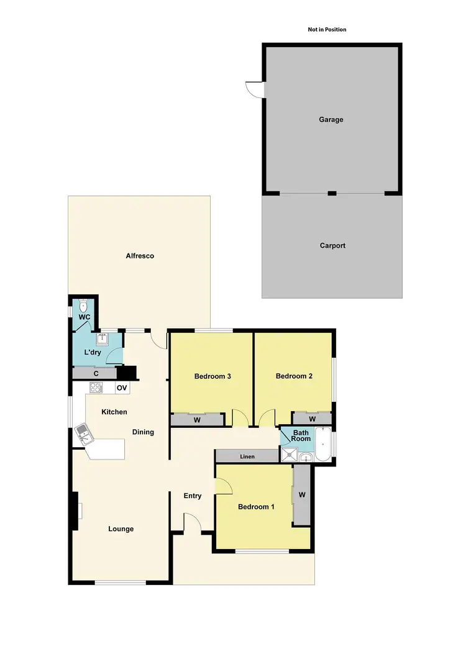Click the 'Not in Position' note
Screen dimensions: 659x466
pyautogui.click(x=327, y=29)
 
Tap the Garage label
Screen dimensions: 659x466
pyautogui.click(x=331, y=119)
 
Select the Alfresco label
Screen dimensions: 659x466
pyautogui.click(x=140, y=255)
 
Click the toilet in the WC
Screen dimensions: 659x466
pyautogui.click(x=84, y=306)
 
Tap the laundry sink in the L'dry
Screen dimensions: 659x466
pyautogui.click(x=102, y=339)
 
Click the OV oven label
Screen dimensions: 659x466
pyautogui.click(x=122, y=388)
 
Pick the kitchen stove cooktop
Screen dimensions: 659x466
pyautogui.click(x=96, y=388)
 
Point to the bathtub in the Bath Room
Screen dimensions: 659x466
pyautogui.click(x=323, y=445)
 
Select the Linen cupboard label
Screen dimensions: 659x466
pyautogui.click(x=247, y=457)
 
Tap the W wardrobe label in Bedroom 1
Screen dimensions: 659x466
pyautogui.click(x=302, y=495)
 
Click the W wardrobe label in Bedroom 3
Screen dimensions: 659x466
pyautogui.click(x=197, y=420)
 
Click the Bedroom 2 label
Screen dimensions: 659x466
pyautogui.click(x=293, y=376)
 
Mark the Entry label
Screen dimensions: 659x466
pyautogui.click(x=193, y=496)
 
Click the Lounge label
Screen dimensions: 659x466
pyautogui.click(x=121, y=529)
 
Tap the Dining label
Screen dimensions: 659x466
pyautogui.click(x=143, y=432)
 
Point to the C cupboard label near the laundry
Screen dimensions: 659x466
pyautogui.click(x=96, y=373)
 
